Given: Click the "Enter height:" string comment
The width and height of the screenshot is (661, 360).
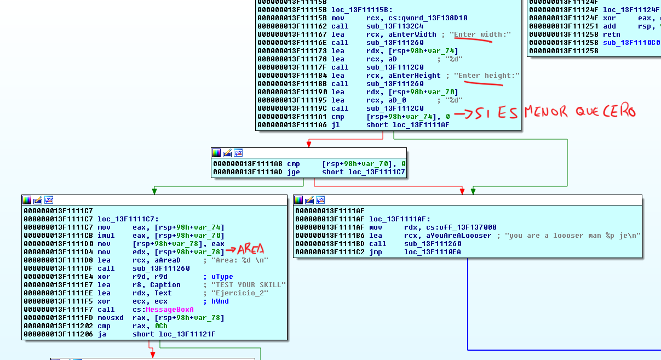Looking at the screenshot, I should pos(487,76).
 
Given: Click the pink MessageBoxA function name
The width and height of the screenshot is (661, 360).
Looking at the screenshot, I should pos(170,310).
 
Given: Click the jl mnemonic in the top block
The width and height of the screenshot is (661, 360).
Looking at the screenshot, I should pos(335,125).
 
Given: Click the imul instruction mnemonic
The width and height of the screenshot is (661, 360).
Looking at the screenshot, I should pos(106,236).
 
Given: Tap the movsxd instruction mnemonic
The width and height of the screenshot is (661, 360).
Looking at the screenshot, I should pos(110,318).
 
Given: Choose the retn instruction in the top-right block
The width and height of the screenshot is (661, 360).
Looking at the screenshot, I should pos(612,34).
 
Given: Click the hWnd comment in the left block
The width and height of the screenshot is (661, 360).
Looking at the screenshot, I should pos(220,301).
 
